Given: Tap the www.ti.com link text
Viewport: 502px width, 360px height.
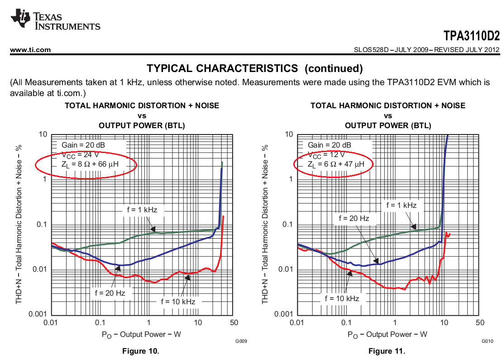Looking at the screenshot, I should coord(30,50).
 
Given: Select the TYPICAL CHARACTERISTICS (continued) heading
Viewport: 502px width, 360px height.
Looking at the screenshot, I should coord(255,68).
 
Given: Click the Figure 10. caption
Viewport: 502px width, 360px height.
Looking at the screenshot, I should coord(141,351).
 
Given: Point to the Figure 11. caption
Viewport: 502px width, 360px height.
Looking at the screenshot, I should coord(387,351).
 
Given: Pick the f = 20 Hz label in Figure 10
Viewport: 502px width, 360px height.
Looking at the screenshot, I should coord(110,293).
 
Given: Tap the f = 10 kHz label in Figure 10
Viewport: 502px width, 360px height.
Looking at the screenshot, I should coord(178,301).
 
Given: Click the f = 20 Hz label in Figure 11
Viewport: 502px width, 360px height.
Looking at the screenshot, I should coord(354,218).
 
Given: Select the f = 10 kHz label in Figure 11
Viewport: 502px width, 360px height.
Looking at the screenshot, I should coord(342,298).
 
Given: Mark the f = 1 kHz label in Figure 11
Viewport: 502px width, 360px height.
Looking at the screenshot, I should coord(401,205).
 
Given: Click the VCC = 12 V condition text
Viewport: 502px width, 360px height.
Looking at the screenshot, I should coord(329,155).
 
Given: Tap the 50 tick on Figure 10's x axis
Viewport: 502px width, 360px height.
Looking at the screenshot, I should coord(234,322).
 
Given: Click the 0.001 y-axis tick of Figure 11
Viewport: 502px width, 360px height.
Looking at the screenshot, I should coord(284,314).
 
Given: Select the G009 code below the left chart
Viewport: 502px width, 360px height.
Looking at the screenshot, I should coord(241,341).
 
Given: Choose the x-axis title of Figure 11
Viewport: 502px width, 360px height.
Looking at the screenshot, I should coord(387,334).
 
